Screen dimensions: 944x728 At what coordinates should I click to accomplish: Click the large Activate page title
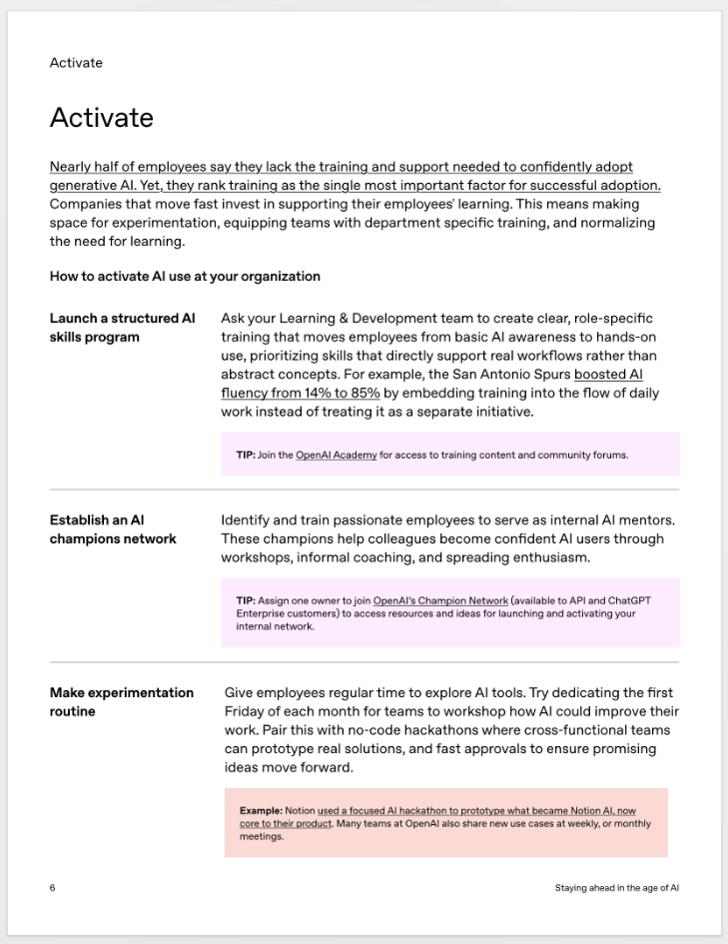click(x=102, y=118)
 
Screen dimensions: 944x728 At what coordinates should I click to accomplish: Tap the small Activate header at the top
click(x=76, y=63)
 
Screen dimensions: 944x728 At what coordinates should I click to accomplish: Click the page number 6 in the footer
click(x=52, y=888)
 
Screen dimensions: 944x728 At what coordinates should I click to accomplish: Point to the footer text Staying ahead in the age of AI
click(x=617, y=888)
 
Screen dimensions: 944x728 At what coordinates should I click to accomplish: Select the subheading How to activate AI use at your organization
click(x=185, y=276)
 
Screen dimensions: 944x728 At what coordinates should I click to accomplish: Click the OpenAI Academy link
click(x=336, y=456)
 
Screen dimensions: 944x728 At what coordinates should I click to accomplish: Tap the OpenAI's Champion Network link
click(x=440, y=601)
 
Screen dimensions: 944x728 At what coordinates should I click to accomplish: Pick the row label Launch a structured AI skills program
click(x=122, y=328)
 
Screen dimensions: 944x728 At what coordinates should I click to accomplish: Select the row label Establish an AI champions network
click(x=112, y=529)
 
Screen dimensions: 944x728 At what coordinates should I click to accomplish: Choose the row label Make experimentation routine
click(x=121, y=702)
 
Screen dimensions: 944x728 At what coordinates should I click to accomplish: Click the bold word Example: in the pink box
click(x=261, y=811)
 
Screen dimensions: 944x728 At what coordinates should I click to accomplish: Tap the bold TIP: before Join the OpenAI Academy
click(x=246, y=456)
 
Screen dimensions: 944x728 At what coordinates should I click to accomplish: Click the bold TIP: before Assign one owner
click(x=246, y=601)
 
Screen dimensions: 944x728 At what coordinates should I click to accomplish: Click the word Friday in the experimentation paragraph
click(x=246, y=711)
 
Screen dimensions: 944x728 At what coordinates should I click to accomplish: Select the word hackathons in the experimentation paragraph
click(x=420, y=730)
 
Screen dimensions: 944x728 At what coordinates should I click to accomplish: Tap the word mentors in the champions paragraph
click(x=639, y=520)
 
